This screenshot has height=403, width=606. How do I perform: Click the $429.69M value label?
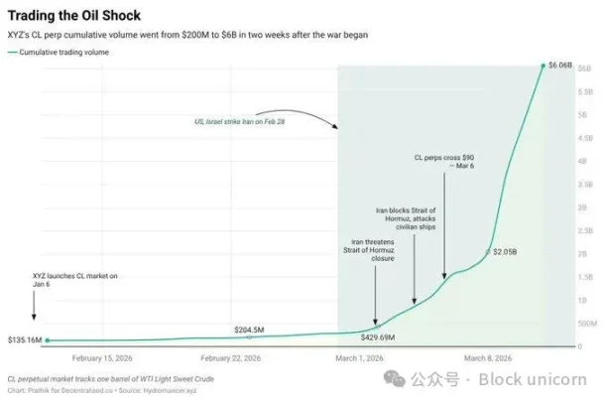(x=378, y=337)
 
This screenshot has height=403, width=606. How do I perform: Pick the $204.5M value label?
(x=249, y=330)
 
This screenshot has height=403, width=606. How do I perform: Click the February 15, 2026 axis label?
(x=102, y=357)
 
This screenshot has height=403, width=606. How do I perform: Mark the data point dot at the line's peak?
(x=543, y=66)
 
